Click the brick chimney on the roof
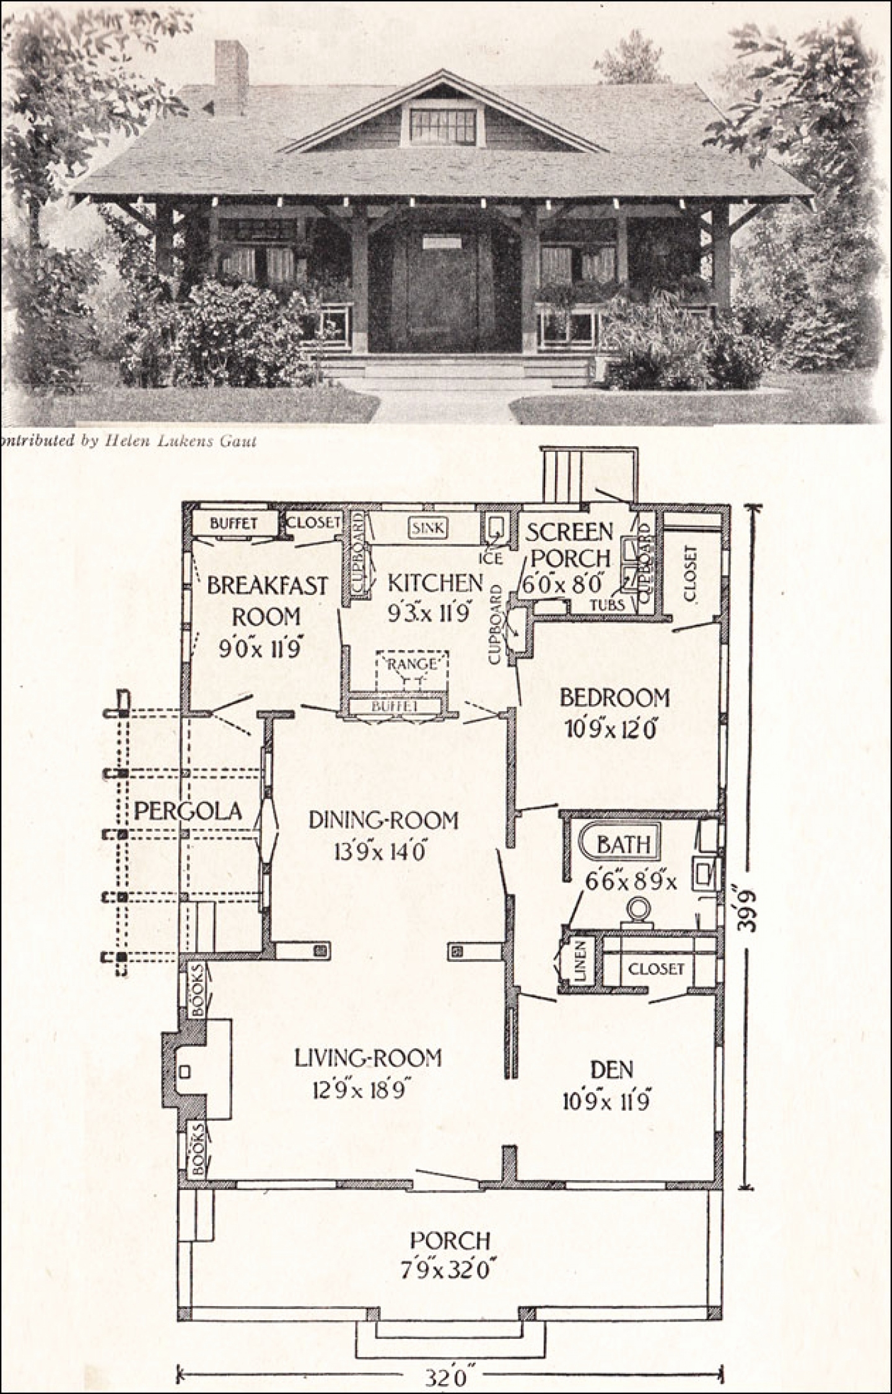pos(231,77)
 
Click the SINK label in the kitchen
pos(427,527)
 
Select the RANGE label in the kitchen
pos(412,664)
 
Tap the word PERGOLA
pos(188,810)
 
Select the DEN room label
pos(611,1069)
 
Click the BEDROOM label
pos(614,698)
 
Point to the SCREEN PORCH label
pos(569,544)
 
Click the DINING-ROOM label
pos(383,821)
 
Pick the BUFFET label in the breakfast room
pos(234,523)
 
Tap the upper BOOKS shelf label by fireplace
pos(198,999)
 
